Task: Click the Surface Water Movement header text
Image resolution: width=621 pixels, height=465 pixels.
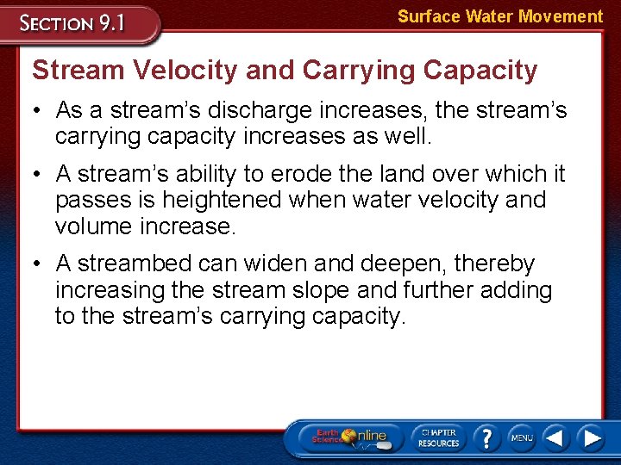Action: [499, 16]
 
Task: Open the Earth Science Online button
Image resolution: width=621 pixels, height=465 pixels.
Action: [349, 437]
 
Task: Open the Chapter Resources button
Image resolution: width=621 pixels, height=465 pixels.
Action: [438, 437]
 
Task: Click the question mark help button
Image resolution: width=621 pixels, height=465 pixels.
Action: [486, 437]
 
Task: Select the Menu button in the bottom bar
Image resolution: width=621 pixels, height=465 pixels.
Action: [521, 437]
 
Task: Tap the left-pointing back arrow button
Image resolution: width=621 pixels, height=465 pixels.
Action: [555, 437]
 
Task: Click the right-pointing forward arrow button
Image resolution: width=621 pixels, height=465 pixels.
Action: [591, 437]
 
